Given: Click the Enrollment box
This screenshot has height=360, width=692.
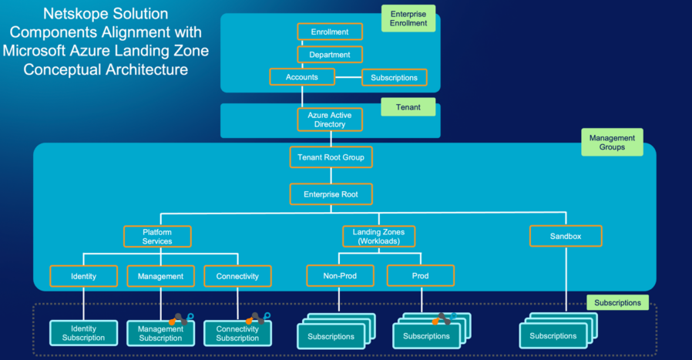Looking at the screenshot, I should (330, 32).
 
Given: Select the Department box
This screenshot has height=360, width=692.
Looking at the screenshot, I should (330, 55).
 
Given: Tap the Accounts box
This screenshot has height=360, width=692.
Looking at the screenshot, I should (302, 77).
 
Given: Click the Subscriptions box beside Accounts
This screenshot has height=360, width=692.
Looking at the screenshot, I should (394, 78).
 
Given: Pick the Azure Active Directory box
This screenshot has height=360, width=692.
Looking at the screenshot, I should (330, 119).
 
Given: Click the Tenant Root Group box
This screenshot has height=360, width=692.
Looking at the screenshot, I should (330, 158).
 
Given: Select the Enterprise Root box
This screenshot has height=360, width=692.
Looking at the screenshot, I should (330, 194).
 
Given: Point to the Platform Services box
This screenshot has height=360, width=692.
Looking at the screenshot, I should (157, 236).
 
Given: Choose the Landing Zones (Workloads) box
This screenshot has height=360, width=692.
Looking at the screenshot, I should (378, 236).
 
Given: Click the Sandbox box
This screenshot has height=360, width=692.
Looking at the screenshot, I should (566, 236).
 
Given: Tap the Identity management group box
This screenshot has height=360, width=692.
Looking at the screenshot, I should (83, 276).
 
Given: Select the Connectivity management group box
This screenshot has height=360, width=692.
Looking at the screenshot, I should (237, 276).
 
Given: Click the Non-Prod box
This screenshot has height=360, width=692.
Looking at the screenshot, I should (341, 276).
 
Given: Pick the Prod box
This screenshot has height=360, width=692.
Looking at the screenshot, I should (420, 276).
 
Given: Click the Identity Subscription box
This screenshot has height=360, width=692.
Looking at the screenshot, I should (83, 333).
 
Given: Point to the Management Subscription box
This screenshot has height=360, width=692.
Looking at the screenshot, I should (160, 334).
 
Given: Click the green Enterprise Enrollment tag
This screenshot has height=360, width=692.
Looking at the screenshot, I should (408, 19).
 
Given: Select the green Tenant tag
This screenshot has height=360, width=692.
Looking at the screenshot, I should (408, 107).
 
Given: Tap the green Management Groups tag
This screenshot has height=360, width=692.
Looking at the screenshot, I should (612, 143).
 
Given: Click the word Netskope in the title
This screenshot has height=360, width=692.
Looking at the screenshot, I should (76, 14).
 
